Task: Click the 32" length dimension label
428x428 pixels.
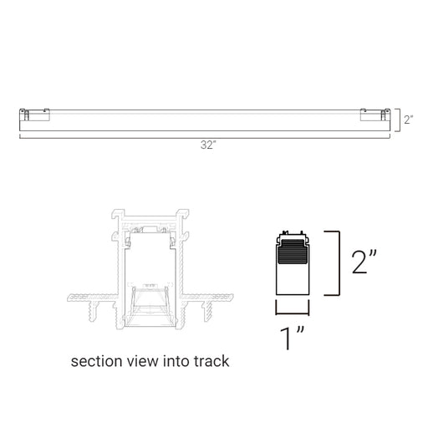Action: tap(208, 145)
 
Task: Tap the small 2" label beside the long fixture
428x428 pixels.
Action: tap(409, 120)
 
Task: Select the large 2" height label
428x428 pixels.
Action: tap(364, 262)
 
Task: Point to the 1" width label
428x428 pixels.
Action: tap(293, 338)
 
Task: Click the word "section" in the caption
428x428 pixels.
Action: tap(96, 361)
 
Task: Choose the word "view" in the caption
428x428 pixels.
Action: tap(142, 361)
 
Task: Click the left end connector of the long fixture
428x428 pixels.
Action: tap(34, 115)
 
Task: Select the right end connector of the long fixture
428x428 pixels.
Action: tap(375, 115)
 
